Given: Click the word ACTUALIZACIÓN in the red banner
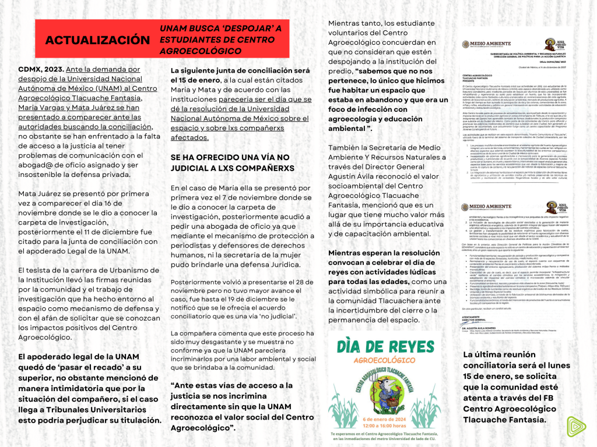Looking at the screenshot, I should tap(97, 40).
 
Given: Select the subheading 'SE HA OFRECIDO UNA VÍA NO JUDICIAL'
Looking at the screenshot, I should tap(229, 162).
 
